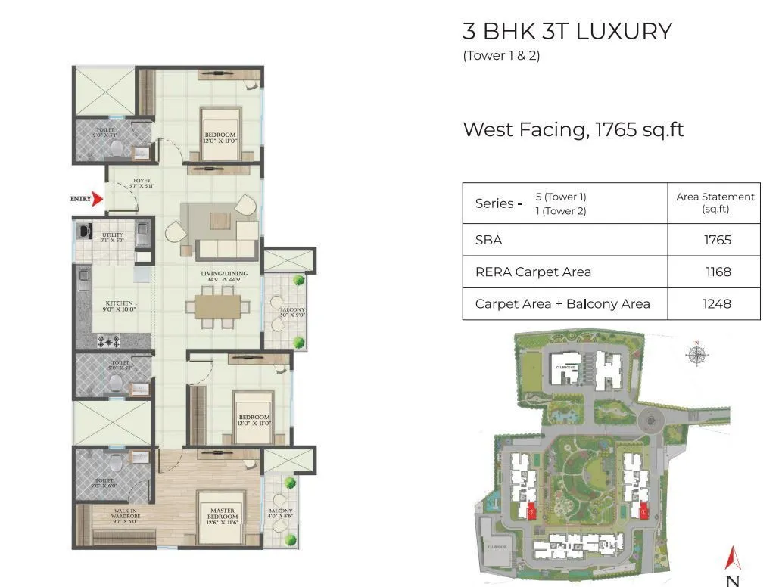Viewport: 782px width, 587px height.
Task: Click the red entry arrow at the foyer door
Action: tap(97, 200)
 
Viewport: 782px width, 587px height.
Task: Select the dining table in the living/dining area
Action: tap(218, 307)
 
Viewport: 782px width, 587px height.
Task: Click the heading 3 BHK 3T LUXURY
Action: tap(567, 32)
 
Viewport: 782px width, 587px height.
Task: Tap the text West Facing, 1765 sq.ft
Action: tap(573, 129)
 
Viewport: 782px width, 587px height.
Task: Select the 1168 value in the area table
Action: tap(718, 272)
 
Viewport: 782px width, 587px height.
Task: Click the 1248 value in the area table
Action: tap(718, 303)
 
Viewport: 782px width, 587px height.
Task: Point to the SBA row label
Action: tap(488, 240)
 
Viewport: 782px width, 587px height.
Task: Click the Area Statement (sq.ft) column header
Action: tap(715, 202)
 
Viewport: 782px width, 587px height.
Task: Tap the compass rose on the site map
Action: tap(696, 355)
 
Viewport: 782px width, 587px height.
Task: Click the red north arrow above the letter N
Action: tap(732, 558)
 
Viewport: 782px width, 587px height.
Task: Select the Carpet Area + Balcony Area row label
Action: tap(562, 303)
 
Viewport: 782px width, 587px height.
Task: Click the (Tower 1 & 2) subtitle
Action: tap(501, 55)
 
